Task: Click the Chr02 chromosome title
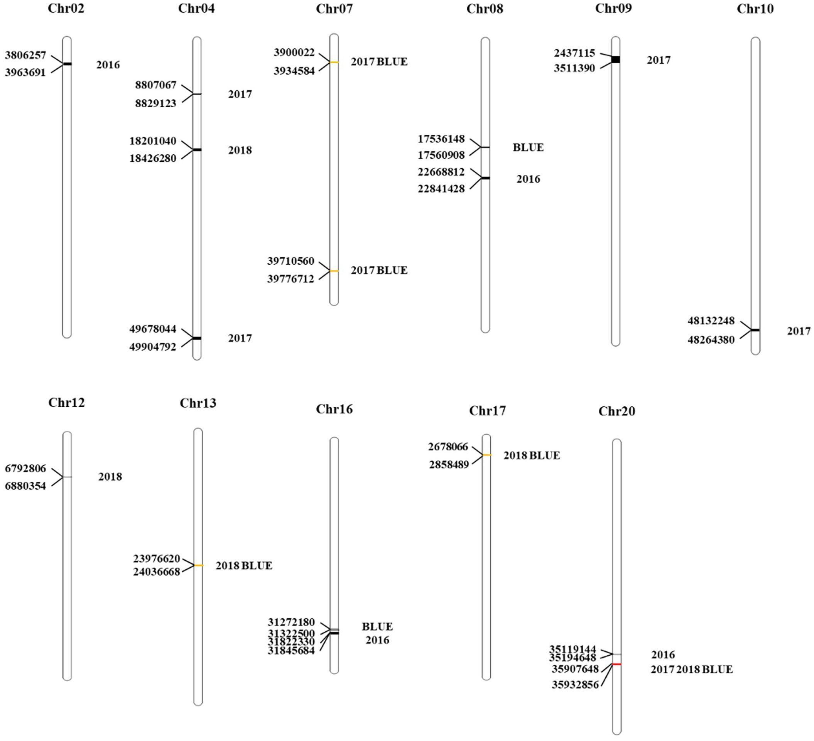pos(66,8)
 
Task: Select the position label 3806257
pos(25,55)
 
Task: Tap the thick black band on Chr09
pos(615,59)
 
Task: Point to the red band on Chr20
pos(616,664)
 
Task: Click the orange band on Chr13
pos(198,565)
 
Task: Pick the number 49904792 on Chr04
pos(153,347)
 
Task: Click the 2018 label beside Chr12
pos(110,477)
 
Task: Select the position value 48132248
pos(711,320)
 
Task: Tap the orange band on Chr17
pos(487,455)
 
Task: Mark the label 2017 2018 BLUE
pos(692,670)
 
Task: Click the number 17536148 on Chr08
pos(441,139)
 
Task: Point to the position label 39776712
pos(290,279)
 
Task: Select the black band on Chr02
pos(67,64)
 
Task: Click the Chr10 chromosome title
pos(755,9)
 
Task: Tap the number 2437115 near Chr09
pos(574,53)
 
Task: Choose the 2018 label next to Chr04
pos(240,150)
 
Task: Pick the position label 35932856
pos(575,685)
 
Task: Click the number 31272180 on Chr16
pos(291,622)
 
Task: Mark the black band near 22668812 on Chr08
pos(485,178)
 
